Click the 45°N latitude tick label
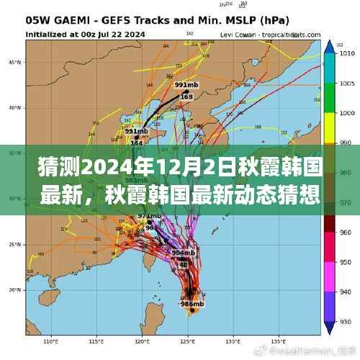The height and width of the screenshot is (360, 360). [14, 62]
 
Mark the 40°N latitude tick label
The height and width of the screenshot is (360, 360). [14, 108]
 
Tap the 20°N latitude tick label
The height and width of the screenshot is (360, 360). [14, 290]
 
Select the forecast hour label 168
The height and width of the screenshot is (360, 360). [186, 96]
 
